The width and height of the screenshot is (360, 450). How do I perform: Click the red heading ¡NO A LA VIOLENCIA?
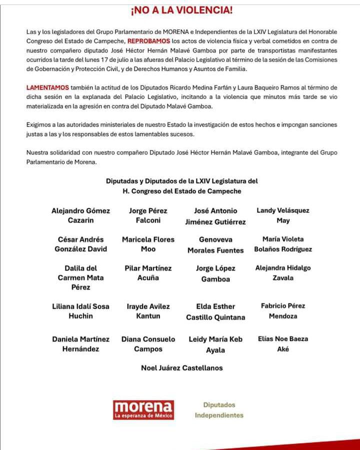(x=181, y=10)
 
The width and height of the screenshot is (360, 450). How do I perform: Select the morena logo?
(x=143, y=409)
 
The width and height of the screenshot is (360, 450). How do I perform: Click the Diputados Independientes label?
(x=219, y=410)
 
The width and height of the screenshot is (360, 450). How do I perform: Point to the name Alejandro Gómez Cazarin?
(x=80, y=215)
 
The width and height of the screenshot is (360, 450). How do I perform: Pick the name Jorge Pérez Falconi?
(x=148, y=215)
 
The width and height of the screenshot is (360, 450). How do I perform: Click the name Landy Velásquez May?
(x=282, y=215)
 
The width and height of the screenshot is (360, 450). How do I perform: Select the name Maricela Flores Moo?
(x=148, y=244)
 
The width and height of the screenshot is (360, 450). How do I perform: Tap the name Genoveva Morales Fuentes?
(x=215, y=244)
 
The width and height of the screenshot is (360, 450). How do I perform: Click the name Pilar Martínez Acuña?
(x=148, y=273)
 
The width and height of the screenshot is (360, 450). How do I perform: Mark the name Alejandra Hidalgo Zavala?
(x=282, y=272)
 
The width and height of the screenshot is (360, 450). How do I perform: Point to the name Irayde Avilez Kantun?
(x=148, y=311)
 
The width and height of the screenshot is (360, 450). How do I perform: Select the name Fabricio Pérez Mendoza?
(x=282, y=310)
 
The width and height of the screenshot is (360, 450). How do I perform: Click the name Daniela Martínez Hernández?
(x=80, y=344)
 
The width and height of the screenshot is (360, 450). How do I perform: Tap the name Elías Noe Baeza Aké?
(x=282, y=343)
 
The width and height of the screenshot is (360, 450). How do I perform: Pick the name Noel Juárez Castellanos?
(x=182, y=368)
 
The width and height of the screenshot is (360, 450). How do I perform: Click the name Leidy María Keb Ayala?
(x=215, y=344)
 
